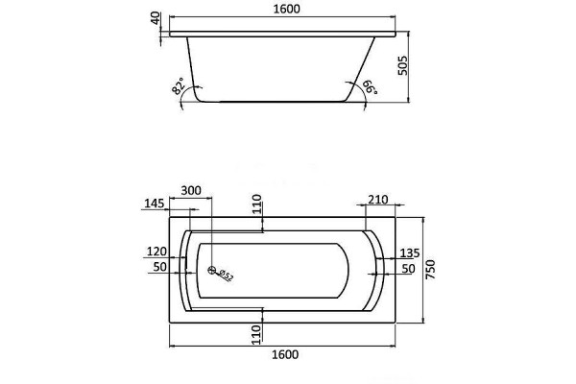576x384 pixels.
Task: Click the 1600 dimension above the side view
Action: tap(286, 9)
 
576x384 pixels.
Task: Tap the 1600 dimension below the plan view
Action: tap(285, 354)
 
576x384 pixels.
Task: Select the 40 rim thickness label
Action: tap(156, 18)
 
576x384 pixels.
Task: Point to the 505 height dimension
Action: tap(403, 65)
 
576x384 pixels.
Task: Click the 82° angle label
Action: tap(178, 86)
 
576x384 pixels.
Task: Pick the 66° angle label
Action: tap(370, 87)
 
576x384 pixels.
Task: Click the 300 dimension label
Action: tap(191, 190)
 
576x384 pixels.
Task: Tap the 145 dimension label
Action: tap(155, 204)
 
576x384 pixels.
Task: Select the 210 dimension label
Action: tap(378, 200)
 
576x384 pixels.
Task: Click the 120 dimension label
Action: tap(156, 252)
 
